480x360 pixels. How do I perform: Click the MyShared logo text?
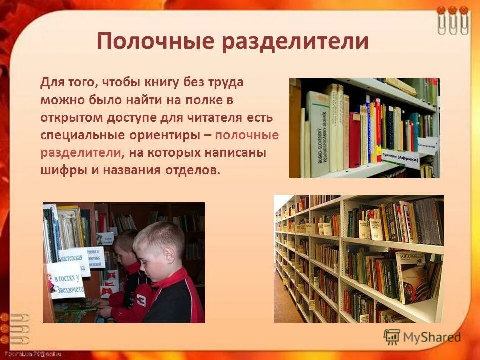coord(432,337)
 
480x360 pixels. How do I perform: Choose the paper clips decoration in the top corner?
coord(452,20)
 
